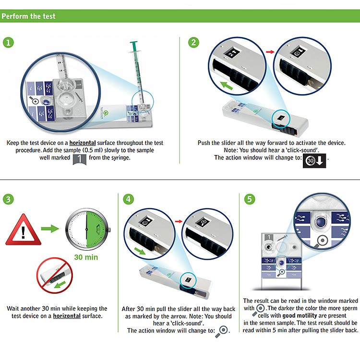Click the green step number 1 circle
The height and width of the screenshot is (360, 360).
(8, 43)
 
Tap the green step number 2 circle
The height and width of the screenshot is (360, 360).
(193, 43)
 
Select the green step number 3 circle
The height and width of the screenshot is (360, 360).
(8, 199)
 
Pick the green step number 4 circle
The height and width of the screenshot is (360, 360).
(128, 199)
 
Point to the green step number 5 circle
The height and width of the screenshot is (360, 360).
(250, 199)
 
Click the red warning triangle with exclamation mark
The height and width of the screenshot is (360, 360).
(23, 230)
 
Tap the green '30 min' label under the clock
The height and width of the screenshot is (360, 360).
(86, 257)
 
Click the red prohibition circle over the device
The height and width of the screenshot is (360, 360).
(55, 276)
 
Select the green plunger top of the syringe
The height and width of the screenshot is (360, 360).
(133, 46)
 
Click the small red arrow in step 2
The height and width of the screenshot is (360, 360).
(270, 52)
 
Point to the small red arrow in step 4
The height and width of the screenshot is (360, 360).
(179, 221)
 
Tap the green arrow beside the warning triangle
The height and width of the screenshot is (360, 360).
(50, 228)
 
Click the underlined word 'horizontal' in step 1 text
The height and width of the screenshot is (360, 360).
(83, 143)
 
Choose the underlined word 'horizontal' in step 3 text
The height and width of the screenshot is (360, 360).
(67, 316)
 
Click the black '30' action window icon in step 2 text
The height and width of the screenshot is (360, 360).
(314, 161)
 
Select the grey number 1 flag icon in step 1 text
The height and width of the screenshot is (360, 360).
(79, 159)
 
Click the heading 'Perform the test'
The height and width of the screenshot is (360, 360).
(28, 16)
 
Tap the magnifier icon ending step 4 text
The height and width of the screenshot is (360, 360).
(222, 332)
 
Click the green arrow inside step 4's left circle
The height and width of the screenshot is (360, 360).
(140, 251)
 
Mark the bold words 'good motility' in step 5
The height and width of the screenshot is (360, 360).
(300, 315)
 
